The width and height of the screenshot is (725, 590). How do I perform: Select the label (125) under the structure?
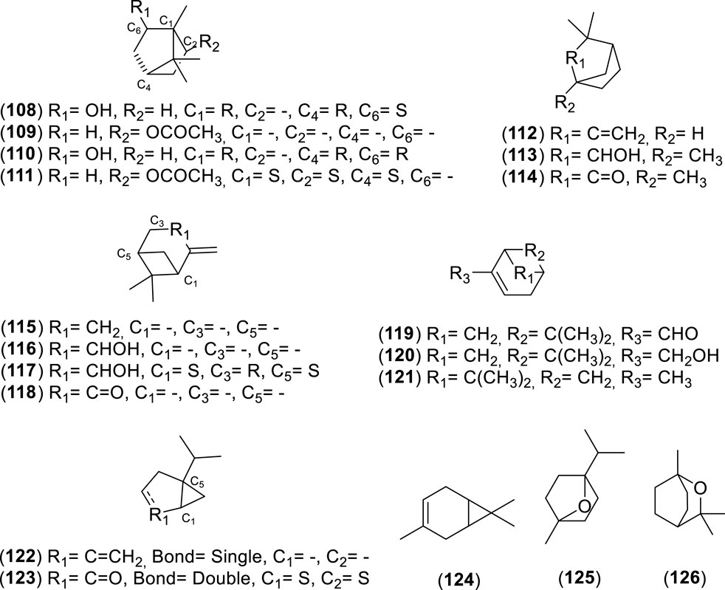pyautogui.click(x=566, y=576)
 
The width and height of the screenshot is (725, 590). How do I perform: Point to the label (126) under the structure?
pyautogui.click(x=675, y=576)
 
